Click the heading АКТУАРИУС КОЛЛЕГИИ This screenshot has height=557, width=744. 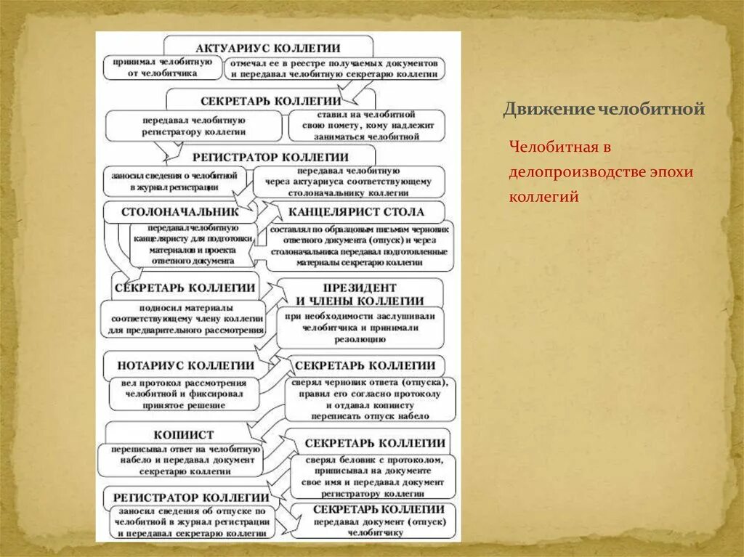coord(268,47)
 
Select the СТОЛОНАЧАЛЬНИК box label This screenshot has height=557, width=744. coord(181,212)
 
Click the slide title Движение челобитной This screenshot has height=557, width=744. coord(604,110)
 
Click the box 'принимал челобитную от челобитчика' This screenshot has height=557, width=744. coord(161,68)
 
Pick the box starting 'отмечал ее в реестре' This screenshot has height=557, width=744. coord(334,69)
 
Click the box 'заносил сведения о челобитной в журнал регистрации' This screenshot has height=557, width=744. coord(174,181)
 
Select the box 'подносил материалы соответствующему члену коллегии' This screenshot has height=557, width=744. coord(183,320)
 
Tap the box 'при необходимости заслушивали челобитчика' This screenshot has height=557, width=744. coord(360,328)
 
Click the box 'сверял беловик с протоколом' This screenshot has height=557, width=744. coord(373,476)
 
